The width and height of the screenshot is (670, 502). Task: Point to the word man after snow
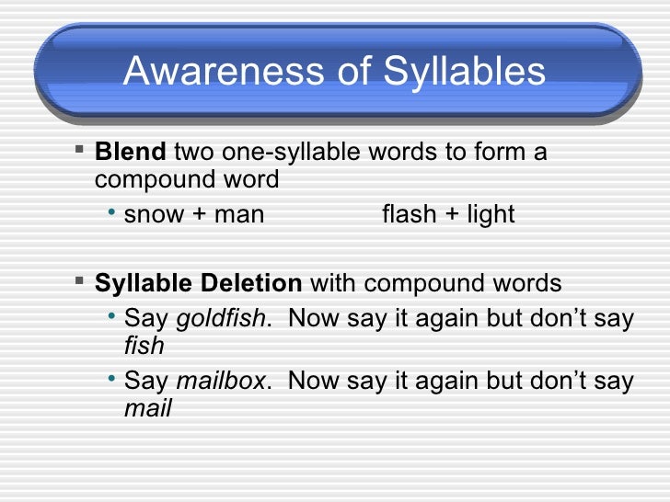coord(238,215)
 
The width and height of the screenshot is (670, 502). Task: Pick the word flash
coord(406,215)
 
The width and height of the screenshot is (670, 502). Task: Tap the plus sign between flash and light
coord(445,216)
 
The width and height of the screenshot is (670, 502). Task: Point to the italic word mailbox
coord(219,382)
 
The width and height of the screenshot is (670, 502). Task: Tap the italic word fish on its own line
coord(144,346)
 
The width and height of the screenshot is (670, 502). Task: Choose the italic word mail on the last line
coord(147,407)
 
